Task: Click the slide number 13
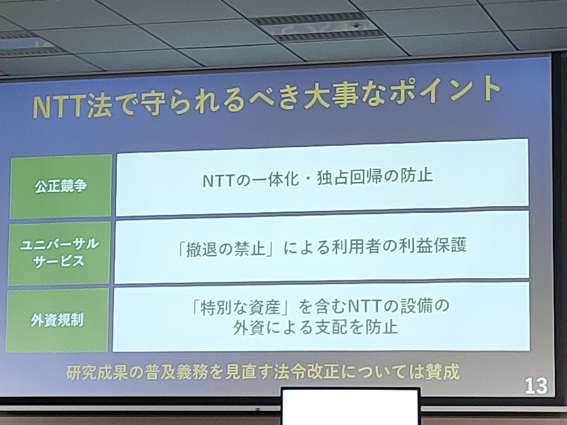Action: pos(536,386)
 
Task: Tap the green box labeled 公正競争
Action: pos(61,187)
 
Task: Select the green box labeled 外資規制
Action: pos(57,320)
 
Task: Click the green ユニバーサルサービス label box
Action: pos(59,253)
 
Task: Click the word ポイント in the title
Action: pos(444,91)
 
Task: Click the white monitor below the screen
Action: pos(351,407)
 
